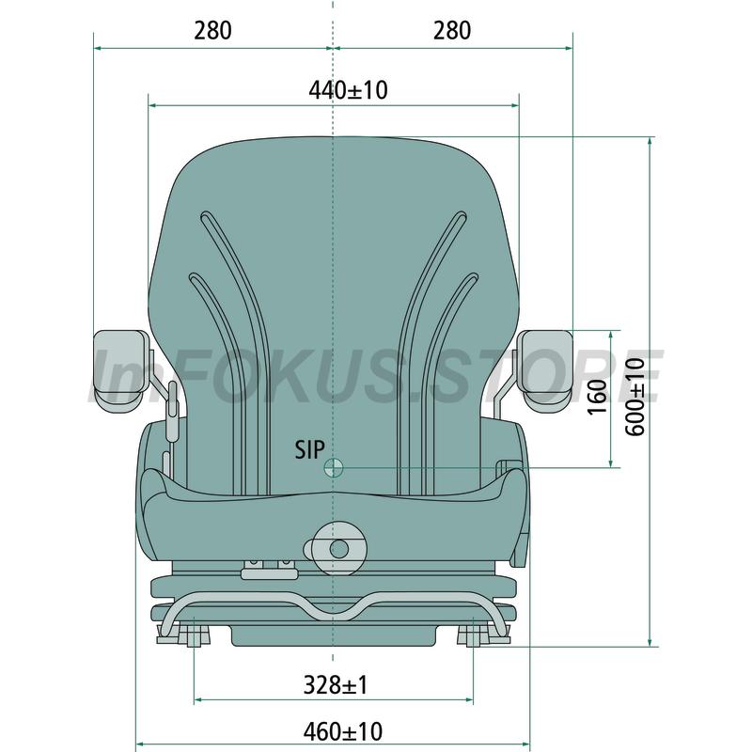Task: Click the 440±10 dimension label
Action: pyautogui.click(x=348, y=89)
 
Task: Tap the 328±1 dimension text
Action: pyautogui.click(x=336, y=684)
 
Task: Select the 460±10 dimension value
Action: pyautogui.click(x=343, y=731)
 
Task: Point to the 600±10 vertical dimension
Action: pyautogui.click(x=635, y=397)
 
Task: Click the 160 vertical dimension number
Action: pyautogui.click(x=597, y=397)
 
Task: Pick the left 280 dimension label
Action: pyautogui.click(x=212, y=30)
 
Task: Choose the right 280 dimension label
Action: pyautogui.click(x=452, y=30)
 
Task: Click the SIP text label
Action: pyautogui.click(x=309, y=449)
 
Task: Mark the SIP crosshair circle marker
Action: pyautogui.click(x=334, y=467)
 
